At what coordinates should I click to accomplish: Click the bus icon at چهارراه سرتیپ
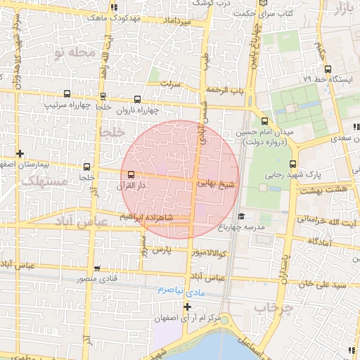pos(67,94)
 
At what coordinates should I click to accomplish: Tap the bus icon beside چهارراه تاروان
pos(137,99)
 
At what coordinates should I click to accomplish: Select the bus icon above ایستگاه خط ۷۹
pos(328,69)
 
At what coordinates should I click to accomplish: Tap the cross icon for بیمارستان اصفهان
pos(20,153)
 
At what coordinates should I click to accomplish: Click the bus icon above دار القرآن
pos(131,174)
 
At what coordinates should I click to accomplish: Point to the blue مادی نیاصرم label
pos(180,290)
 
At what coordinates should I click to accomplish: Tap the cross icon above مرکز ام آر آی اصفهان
pos(187,307)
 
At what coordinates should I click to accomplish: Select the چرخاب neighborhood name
pos(268,307)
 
